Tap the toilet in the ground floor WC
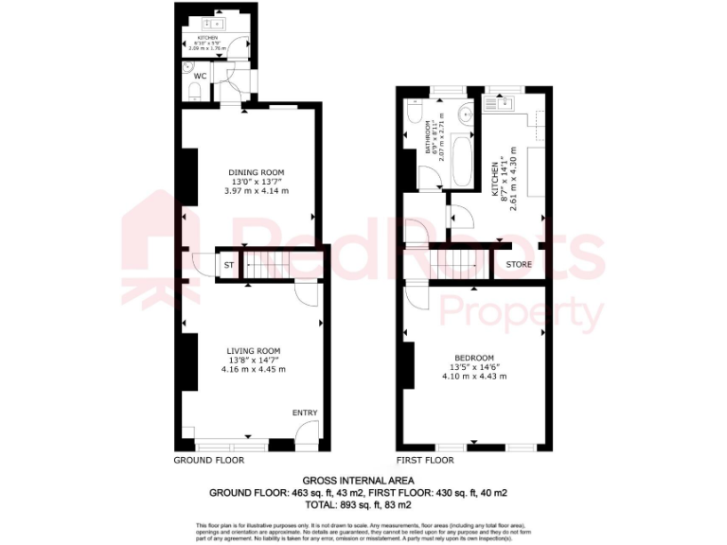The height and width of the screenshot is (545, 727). (193, 89)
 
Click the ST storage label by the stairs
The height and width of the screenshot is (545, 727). (228, 266)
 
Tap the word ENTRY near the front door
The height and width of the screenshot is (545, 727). (305, 413)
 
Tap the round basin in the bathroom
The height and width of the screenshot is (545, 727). (464, 114)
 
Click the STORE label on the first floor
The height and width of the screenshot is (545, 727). (519, 264)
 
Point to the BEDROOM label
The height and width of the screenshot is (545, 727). (474, 358)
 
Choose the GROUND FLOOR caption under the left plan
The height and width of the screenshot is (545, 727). (209, 461)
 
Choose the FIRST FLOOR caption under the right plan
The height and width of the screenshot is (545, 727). (426, 461)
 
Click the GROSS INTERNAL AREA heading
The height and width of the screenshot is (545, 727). (363, 481)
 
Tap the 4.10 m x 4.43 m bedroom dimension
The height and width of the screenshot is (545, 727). (474, 377)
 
